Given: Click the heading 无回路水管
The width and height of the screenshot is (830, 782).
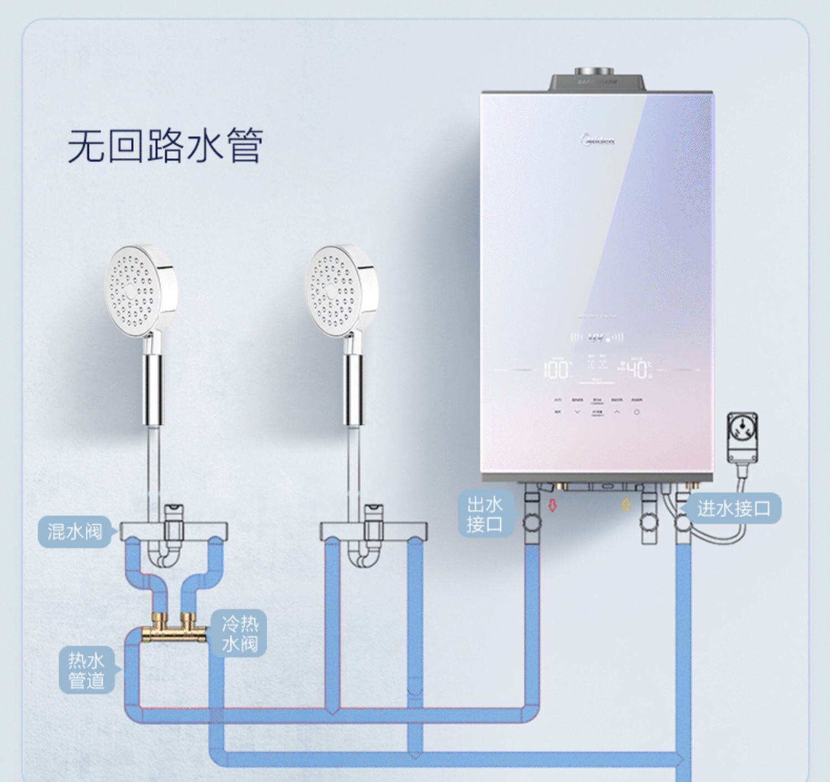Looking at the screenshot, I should click(165, 146).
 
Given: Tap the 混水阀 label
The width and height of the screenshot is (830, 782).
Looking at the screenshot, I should click(75, 532).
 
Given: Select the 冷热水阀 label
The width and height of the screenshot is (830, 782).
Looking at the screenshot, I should click(240, 633).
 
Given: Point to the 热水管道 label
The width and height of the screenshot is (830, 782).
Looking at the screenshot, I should click(86, 670).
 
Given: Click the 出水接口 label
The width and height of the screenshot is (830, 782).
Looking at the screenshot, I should click(485, 514).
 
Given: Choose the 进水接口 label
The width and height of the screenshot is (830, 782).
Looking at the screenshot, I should click(733, 508).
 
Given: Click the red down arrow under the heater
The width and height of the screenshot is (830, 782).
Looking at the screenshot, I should click(552, 505).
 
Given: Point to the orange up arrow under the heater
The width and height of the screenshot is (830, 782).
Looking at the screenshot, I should click(626, 505).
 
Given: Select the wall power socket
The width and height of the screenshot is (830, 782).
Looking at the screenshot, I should click(742, 438).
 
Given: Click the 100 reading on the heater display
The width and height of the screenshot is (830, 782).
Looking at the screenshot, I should click(556, 370).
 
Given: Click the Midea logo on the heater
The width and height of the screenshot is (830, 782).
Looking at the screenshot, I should click(599, 140).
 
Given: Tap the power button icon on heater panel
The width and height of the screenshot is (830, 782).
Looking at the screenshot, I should click(637, 412).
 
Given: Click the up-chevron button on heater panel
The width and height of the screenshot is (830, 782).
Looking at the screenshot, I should click(617, 412).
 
